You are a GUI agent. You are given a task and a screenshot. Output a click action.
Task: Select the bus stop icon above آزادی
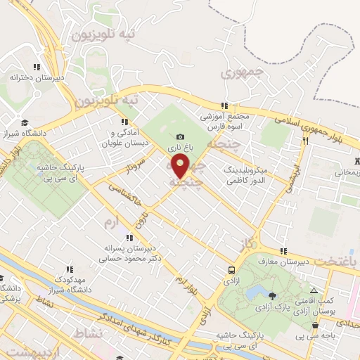231,270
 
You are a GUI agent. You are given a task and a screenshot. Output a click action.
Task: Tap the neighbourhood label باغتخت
335,260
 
